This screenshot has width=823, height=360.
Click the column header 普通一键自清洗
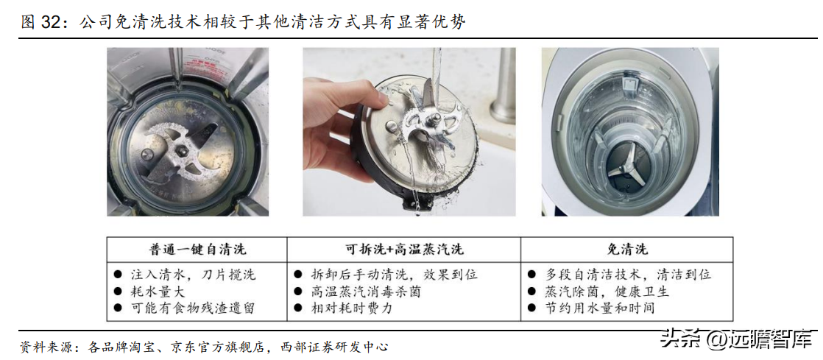(197, 249)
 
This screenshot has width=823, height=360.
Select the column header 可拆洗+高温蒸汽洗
(404, 249)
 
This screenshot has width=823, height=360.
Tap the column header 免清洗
(626, 249)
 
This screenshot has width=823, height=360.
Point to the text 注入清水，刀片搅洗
(193, 275)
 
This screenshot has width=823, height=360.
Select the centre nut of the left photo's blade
(183, 151)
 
